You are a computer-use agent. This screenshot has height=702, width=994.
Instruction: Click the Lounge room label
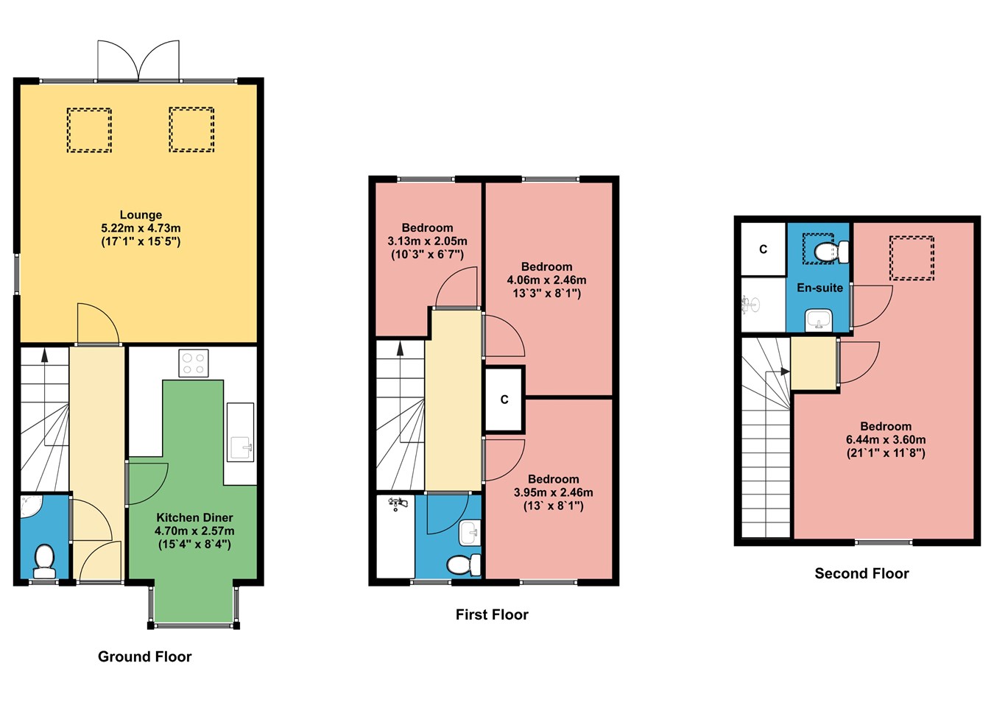click(x=141, y=215)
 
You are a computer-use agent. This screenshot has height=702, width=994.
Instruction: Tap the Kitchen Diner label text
click(x=194, y=517)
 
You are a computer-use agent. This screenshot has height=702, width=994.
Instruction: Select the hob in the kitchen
click(x=194, y=363)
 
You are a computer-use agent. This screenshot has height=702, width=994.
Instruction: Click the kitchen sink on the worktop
click(x=240, y=446)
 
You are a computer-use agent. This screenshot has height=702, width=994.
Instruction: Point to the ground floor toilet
click(x=44, y=561)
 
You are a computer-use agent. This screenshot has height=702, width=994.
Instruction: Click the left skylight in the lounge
click(x=89, y=130)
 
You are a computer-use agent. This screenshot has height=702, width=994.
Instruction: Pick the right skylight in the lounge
click(x=191, y=130)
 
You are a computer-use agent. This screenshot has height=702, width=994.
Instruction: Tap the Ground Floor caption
click(x=144, y=656)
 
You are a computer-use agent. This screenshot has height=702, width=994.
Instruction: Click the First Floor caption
click(x=492, y=614)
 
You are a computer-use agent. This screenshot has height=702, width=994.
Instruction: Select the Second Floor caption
click(x=861, y=573)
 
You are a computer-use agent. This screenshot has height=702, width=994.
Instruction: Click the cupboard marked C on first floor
click(x=504, y=400)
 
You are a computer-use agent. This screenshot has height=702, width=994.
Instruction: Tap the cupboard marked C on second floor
click(x=764, y=249)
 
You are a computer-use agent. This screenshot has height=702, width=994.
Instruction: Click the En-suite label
click(x=819, y=288)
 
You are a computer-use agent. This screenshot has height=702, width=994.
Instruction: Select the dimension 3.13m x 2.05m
click(x=427, y=241)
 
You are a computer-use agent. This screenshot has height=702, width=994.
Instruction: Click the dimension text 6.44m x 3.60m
click(x=886, y=440)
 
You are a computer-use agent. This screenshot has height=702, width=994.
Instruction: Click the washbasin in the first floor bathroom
click(x=469, y=531)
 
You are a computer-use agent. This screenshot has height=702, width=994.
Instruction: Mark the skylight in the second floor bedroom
click(x=912, y=258)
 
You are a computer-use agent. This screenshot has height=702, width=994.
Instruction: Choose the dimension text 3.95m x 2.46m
click(x=553, y=492)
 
